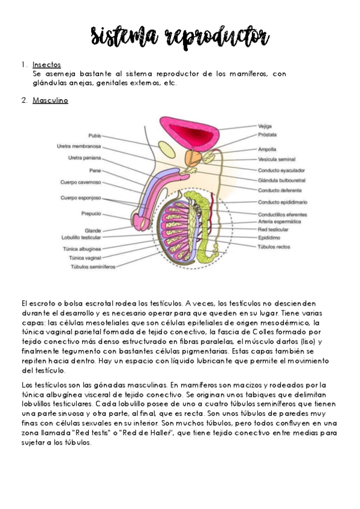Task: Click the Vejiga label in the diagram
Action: (x=265, y=127)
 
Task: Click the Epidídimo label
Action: (x=268, y=237)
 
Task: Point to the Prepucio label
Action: (x=91, y=213)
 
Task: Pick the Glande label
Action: (x=92, y=230)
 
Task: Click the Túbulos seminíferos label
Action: (x=92, y=267)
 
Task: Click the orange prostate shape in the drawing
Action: (x=193, y=158)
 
